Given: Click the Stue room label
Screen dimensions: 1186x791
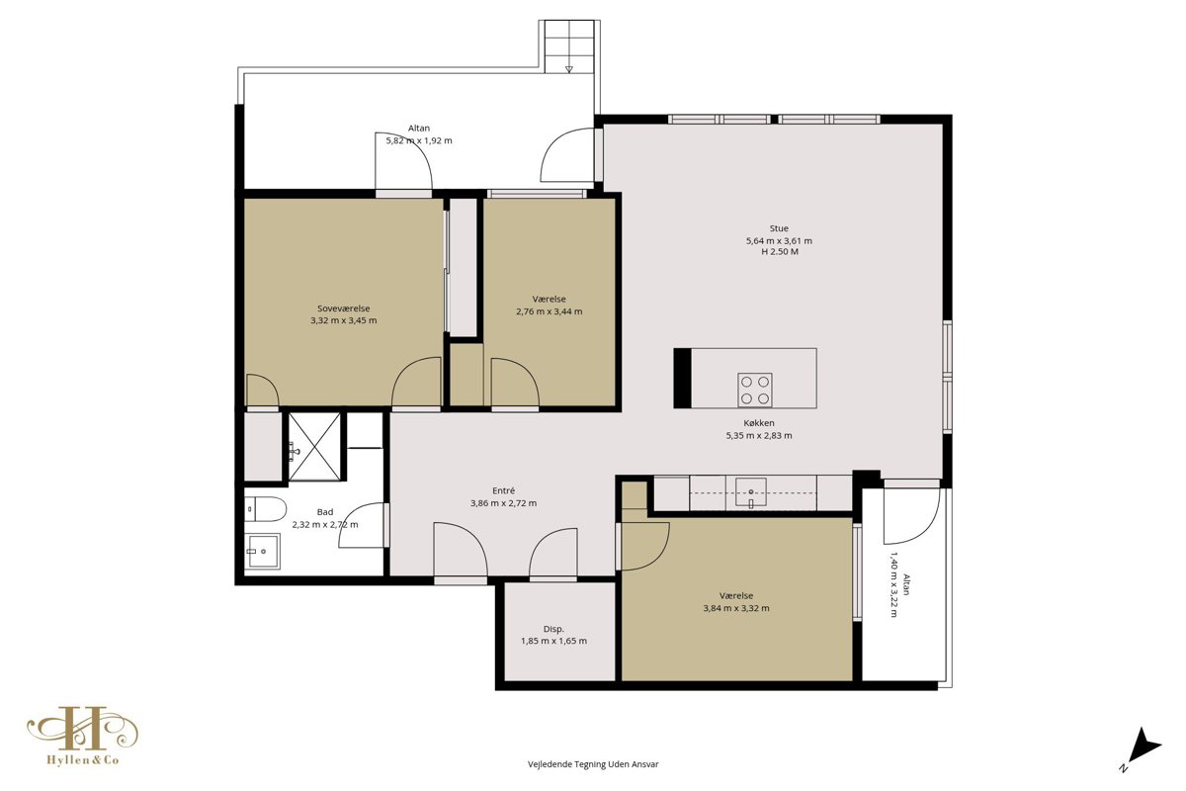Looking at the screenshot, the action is pos(779,228).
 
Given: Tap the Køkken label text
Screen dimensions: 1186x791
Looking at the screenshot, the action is pos(759,423).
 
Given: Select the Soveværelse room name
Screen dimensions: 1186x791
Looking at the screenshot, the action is pos(344,308).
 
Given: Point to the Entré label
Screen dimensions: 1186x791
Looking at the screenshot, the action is pos(503,490).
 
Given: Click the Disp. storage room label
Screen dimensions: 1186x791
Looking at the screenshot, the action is pos(553,630).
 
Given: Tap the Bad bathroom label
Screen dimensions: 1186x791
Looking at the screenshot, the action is pos(325,512).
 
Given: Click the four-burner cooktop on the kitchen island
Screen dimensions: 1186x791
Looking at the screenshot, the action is pos(754,390).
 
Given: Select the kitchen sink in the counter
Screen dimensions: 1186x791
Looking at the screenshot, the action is pos(750,493).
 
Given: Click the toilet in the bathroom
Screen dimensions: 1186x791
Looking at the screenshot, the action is pos(265,509).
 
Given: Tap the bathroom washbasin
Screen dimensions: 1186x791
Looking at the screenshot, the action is pos(264,551).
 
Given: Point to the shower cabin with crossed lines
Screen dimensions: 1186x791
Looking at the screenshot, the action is pos(314,447).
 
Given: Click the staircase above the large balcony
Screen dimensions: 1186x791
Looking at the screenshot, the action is pos(569,46).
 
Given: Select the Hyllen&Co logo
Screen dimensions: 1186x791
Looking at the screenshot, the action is pos(83,736).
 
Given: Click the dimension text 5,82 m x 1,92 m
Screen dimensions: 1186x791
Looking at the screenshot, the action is pos(419,141).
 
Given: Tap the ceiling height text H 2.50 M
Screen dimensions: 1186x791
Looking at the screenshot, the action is pos(780,252).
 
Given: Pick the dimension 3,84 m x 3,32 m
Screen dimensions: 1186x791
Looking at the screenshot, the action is pos(736,608).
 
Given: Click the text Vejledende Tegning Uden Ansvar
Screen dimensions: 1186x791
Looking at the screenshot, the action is pos(593,764).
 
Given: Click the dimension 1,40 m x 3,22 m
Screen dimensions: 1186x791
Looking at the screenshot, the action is pos(893,585).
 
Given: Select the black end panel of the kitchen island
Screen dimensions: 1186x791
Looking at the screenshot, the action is pos(683,379).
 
